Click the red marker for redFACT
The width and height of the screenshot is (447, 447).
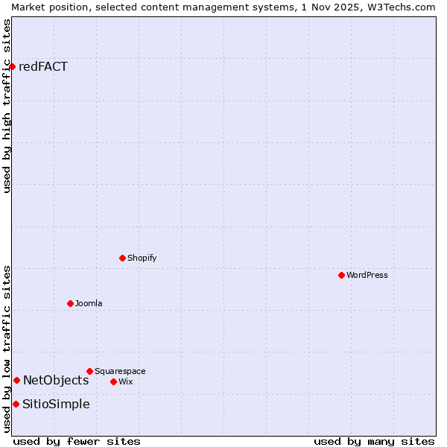click(12, 66)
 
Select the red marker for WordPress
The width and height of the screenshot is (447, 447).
click(341, 275)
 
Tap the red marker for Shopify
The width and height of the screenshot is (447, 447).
click(122, 258)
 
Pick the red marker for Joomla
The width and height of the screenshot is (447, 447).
click(70, 303)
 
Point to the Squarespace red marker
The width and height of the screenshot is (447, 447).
click(89, 371)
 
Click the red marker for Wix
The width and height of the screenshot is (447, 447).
click(113, 381)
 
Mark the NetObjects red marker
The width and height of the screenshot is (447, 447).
click(16, 380)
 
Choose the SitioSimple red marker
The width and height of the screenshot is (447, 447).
click(16, 404)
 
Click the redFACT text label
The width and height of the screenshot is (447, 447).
click(43, 66)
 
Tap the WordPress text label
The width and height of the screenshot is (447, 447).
click(367, 275)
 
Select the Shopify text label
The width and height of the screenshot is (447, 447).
click(142, 258)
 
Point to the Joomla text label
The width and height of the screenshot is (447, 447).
click(89, 303)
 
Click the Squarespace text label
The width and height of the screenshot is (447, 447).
click(120, 371)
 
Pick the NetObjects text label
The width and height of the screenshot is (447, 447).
click(56, 380)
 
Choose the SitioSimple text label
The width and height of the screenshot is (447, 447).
click(56, 404)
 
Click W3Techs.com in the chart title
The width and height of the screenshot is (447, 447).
click(399, 7)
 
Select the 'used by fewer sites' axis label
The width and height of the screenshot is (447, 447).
click(77, 441)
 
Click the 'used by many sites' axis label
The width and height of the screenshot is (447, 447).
click(374, 441)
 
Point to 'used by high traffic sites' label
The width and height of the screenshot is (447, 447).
click(7, 106)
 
